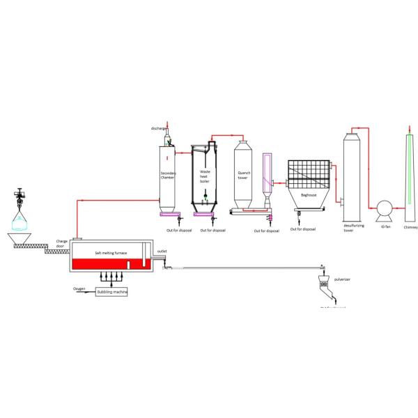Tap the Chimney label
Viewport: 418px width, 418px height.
(410, 226)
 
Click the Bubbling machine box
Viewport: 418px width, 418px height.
(112, 291)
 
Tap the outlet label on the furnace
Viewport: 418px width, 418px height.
(162, 251)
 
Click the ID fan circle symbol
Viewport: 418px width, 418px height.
(382, 208)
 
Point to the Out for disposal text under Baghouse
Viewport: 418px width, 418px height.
(302, 229)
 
